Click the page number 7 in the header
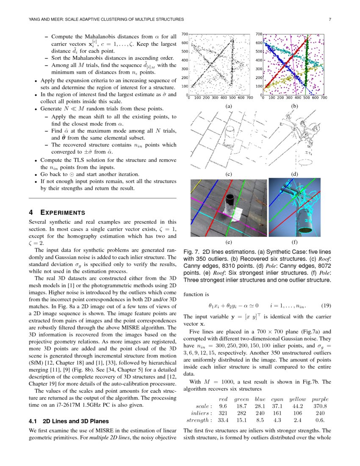(x=329, y=19)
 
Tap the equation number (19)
(x=327, y=305)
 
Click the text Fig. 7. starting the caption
(x=191, y=250)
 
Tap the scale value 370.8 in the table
(x=318, y=406)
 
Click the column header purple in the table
(x=319, y=399)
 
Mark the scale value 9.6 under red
(x=223, y=406)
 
